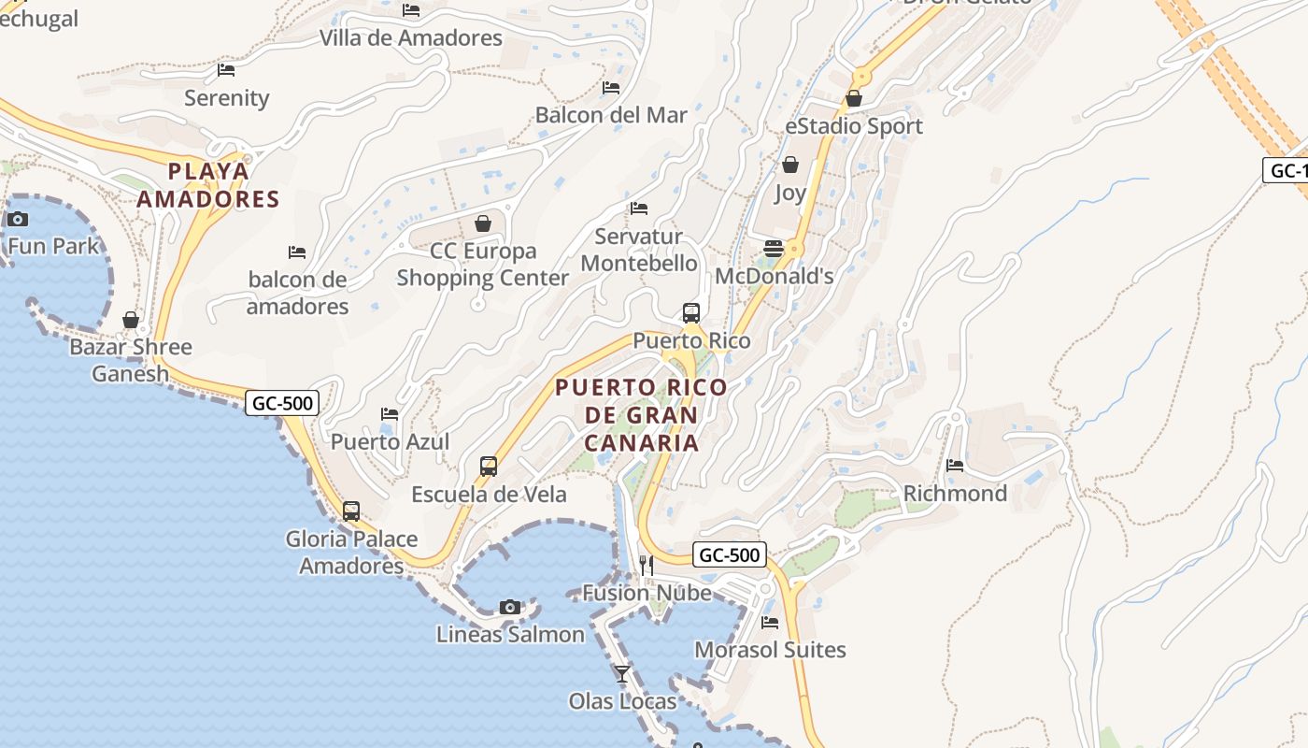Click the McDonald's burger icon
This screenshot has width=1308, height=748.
[x=774, y=248]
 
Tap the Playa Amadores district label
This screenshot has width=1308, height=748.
[x=208, y=185]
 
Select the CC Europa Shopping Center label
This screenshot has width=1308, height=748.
[x=483, y=265]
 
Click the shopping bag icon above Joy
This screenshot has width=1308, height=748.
[x=790, y=165]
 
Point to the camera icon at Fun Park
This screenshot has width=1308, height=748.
[x=18, y=220]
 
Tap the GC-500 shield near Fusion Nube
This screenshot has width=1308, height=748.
[x=730, y=554]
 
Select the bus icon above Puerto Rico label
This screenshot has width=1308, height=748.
[x=691, y=312]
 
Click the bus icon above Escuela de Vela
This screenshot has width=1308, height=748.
[x=489, y=466]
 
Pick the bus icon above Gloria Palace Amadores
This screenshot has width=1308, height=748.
[x=351, y=511]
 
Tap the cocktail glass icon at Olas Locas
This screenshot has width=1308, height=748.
[x=622, y=673]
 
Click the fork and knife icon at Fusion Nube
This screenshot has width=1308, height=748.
[x=646, y=565]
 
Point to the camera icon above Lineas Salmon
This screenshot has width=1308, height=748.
[x=510, y=607]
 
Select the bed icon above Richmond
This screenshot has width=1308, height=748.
[x=955, y=465]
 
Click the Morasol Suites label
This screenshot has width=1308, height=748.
[x=770, y=650]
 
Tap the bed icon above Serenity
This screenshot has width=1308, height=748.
[x=226, y=69]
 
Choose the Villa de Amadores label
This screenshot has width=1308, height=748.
[x=411, y=38]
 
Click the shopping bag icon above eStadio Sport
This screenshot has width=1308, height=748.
[x=853, y=98]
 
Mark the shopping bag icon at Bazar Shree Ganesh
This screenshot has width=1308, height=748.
[x=131, y=320]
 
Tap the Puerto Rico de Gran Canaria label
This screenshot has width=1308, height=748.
[x=641, y=414]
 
